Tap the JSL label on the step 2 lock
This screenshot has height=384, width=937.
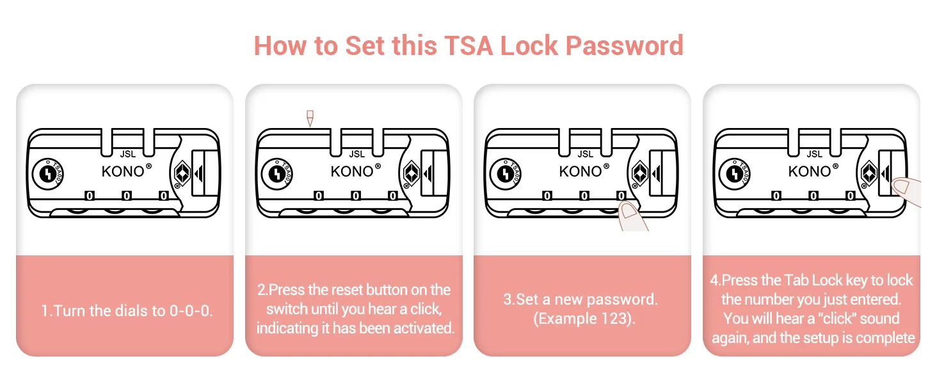[x=356, y=154]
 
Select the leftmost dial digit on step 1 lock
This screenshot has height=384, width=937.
[x=89, y=195]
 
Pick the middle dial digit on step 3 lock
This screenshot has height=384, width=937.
[x=584, y=195]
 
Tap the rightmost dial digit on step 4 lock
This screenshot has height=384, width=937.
[x=850, y=195]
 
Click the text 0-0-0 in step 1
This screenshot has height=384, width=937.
[x=190, y=311]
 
